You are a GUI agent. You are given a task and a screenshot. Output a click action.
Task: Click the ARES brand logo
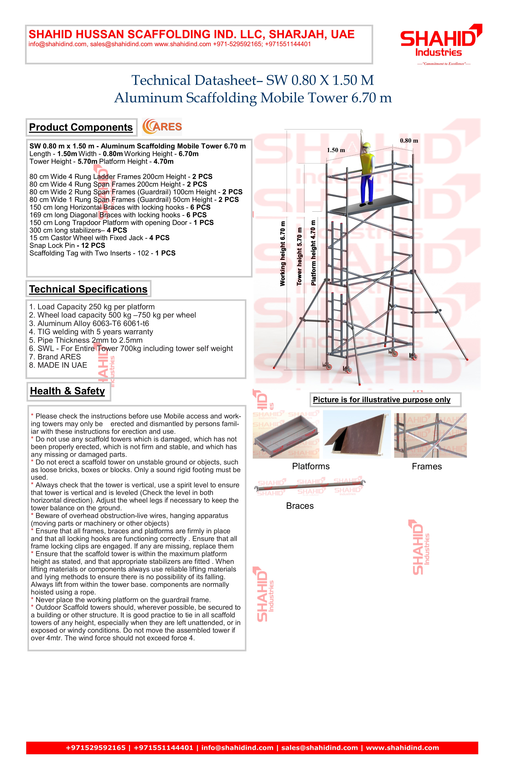162,127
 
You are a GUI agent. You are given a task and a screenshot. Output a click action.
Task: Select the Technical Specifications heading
88,289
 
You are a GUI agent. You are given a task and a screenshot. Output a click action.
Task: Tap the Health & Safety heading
67,391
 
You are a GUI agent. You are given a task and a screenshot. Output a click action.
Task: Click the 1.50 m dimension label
336,150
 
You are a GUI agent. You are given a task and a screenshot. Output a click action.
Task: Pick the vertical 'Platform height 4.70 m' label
313,253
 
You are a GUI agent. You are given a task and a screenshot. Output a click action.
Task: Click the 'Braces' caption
300,506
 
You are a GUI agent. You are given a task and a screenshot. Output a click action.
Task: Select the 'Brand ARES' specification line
55,357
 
